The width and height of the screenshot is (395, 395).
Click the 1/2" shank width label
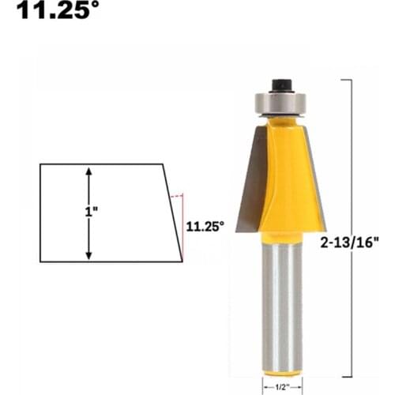(281, 386)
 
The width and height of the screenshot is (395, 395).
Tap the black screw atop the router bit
(280, 83)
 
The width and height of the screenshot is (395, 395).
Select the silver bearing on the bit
(280, 103)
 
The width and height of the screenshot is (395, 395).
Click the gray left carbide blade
(251, 182)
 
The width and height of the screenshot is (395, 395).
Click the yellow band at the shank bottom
(281, 372)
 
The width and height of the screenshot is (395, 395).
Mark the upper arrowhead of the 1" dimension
(88, 171)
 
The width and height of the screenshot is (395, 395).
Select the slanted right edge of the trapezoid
(173, 213)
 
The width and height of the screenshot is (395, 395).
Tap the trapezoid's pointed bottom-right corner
(182, 261)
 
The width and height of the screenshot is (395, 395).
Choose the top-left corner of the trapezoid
(40, 164)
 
